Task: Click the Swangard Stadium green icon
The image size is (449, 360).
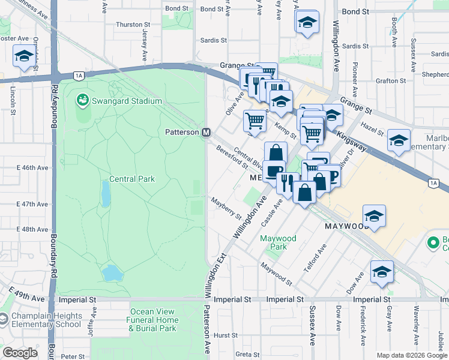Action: [83, 100]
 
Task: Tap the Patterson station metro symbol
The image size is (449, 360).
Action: [206, 132]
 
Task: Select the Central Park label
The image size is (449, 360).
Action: [132, 179]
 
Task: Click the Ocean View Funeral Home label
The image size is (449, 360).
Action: [153, 320]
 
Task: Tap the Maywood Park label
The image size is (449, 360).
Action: [278, 242]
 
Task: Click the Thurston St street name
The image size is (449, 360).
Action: [133, 25]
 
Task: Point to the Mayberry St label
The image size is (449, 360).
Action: [226, 208]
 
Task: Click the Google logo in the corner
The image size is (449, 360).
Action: [20, 353]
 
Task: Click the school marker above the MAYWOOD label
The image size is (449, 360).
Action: [374, 215]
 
